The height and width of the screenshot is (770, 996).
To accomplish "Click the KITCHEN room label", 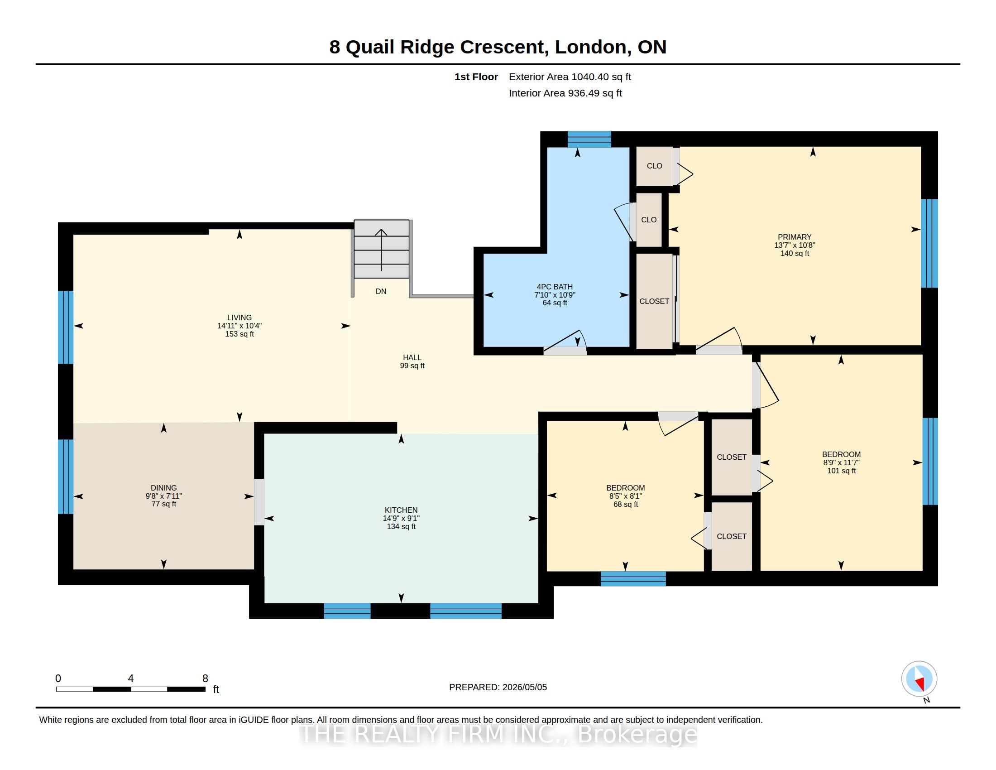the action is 401,510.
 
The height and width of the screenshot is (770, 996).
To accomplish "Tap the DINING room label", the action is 164,488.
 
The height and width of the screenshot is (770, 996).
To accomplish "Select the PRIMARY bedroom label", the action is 795,237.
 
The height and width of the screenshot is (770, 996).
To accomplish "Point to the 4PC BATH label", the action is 555,287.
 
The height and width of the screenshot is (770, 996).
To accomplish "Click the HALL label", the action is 412,358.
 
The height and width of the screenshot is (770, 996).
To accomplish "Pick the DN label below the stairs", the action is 381,291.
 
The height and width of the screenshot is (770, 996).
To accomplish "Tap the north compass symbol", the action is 919,679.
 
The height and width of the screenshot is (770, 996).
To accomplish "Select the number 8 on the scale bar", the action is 205,679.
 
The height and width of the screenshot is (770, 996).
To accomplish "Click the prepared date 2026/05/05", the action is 524,687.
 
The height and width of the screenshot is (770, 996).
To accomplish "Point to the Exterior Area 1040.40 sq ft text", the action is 570,77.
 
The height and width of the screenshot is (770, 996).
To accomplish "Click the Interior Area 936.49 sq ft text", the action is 565,93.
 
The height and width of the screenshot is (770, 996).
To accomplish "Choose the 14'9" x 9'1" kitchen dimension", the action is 401,518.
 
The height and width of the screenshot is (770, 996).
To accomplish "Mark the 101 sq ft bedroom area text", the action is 842,471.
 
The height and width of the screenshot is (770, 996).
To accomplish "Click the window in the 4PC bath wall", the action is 589,139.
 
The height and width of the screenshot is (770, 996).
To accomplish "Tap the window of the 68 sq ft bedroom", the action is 633,578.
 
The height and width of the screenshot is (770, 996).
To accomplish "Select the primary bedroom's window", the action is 929,243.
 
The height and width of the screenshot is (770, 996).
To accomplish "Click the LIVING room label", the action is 239,318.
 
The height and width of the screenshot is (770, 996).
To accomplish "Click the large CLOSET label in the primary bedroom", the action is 654,301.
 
